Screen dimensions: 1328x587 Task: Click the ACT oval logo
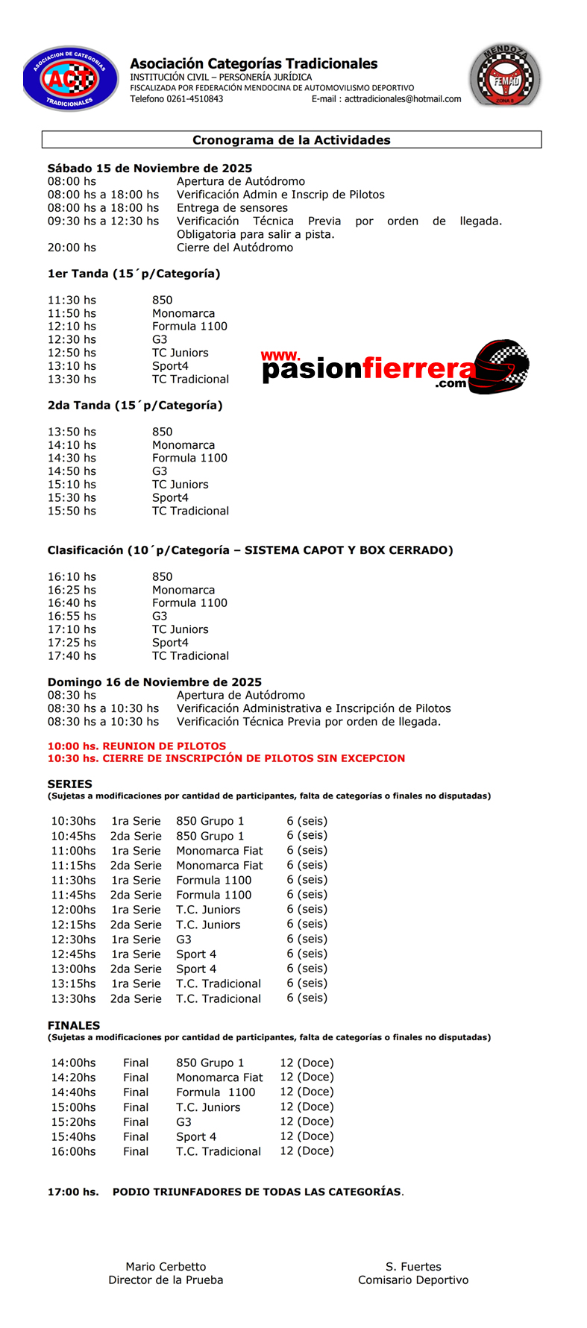70,78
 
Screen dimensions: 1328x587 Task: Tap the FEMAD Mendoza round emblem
505,76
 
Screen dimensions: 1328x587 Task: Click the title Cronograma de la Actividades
292,140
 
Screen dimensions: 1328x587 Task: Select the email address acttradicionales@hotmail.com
403,99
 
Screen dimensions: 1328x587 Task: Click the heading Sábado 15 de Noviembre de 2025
150,169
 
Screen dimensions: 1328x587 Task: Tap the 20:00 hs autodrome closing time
72,248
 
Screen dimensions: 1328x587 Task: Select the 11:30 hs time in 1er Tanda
72,300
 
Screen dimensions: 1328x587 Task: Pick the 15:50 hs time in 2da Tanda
72,511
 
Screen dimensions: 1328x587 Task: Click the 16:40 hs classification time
72,603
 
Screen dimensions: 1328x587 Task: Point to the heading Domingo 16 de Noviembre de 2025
154,682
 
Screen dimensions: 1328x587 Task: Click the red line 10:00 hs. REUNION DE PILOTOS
136,746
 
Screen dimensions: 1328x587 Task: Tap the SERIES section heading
70,784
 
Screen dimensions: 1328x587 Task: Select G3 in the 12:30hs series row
183,940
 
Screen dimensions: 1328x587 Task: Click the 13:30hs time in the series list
73,998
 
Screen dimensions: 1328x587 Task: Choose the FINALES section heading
74,1026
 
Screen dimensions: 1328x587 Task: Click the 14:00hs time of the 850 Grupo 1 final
73,1063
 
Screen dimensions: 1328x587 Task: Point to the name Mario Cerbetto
166,1267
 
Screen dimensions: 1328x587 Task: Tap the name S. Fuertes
413,1267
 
